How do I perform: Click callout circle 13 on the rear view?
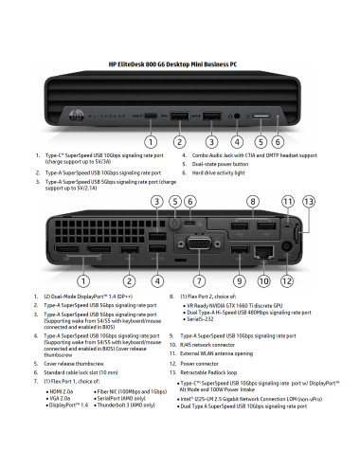click(x=309, y=202)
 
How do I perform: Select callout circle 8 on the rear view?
click(x=253, y=202)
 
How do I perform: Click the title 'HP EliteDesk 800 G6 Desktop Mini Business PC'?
click(x=180, y=63)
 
